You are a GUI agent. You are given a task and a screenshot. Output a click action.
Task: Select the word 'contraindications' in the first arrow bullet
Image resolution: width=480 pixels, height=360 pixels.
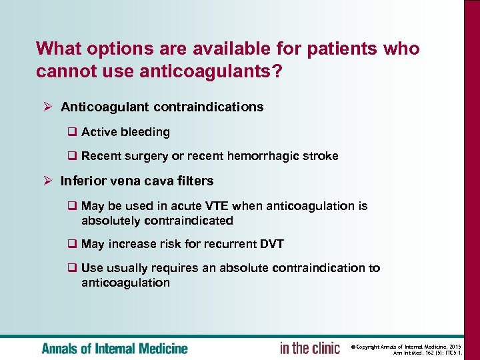[x=209, y=107]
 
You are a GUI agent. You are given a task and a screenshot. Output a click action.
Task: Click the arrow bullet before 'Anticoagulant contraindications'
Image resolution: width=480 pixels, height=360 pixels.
[x=48, y=107]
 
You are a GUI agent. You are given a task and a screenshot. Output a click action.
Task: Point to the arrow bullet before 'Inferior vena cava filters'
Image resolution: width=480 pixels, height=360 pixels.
[x=48, y=181]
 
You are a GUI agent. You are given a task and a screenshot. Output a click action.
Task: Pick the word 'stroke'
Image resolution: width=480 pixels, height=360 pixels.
[x=319, y=156]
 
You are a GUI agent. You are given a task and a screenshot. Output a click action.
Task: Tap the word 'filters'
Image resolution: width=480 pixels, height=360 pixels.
[x=193, y=181]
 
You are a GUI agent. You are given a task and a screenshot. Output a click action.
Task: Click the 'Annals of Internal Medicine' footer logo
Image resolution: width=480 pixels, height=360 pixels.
[x=115, y=348]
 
